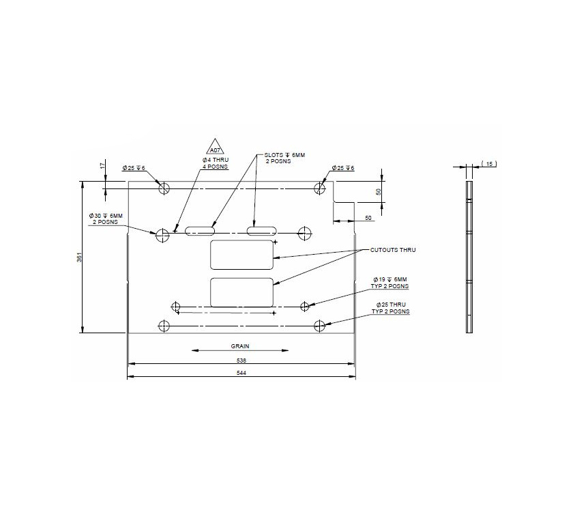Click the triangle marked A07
coord(215,147)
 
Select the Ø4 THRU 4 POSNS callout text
coord(216,163)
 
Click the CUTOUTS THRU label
coord(393,250)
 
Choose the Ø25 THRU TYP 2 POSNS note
coord(390,308)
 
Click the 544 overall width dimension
coord(241,374)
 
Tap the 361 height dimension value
coord(78,257)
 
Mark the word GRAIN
coord(240,346)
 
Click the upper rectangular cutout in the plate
coord(241,253)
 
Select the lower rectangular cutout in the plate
coord(241,292)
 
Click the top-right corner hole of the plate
coord(319,188)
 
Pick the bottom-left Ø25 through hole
coord(163,326)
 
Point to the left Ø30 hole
coord(162,235)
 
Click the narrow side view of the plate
coord(469,257)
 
